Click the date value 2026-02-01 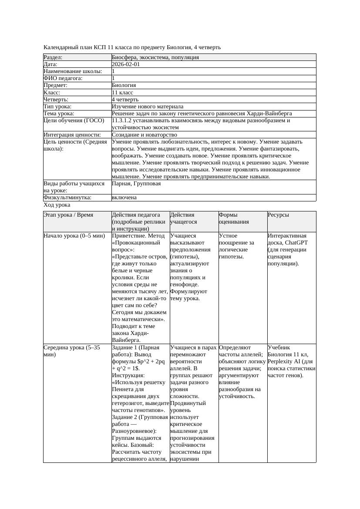coord(126,64)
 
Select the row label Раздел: coord(53,57)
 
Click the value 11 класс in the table coord(122,93)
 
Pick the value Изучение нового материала coord(148,107)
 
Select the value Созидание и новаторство coord(145,135)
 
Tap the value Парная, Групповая coord(136,184)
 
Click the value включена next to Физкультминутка coord(124,198)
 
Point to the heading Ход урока coord(57,205)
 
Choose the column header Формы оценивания coord(234,218)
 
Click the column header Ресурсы coord(278,215)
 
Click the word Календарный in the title coord(60,47)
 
